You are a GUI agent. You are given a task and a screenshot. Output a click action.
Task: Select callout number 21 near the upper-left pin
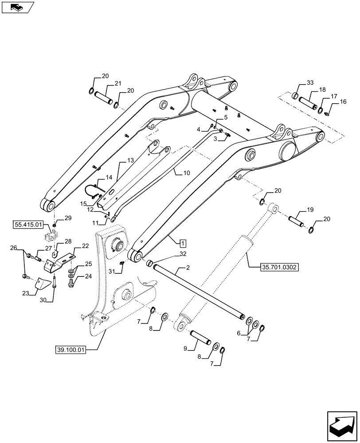click(x=105, y=84)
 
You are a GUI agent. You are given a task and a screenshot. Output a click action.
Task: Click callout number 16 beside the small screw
click(x=343, y=102)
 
